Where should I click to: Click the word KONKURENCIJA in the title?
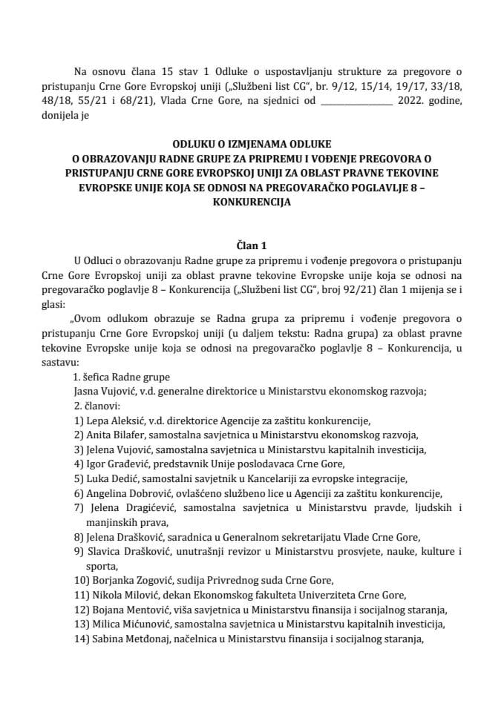click(x=252, y=201)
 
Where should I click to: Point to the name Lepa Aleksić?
click(x=111, y=421)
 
